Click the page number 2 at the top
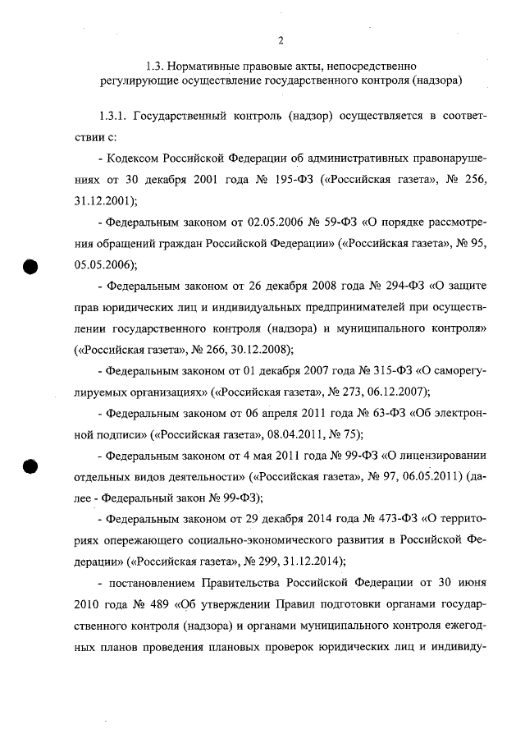point(280,40)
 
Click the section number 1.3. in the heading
point(156,65)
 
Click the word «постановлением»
point(149,585)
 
